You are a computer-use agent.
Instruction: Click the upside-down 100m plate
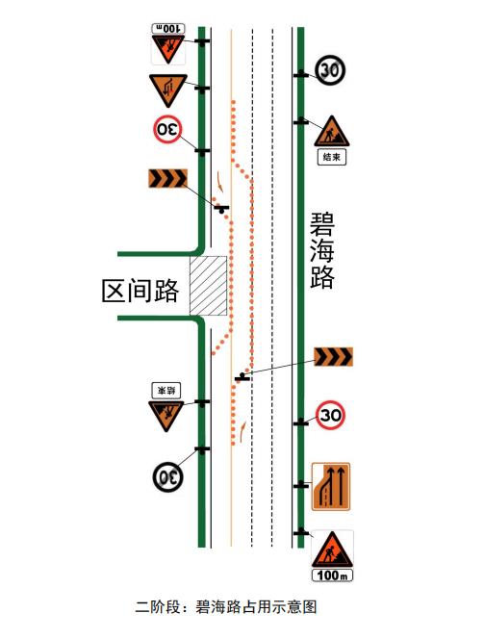click(x=168, y=28)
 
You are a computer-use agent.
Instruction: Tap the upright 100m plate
click(x=332, y=575)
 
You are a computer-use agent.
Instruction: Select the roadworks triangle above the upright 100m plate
click(x=332, y=550)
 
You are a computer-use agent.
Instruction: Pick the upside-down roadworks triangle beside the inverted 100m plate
click(x=168, y=49)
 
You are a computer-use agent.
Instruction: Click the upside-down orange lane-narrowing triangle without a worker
click(x=167, y=90)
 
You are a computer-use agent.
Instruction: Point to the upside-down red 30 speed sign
click(x=167, y=130)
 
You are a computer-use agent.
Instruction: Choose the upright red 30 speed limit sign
click(x=330, y=415)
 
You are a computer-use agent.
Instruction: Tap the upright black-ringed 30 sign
click(x=330, y=70)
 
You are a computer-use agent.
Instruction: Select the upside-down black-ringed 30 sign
click(x=167, y=476)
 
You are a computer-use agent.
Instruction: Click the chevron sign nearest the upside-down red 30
click(x=167, y=178)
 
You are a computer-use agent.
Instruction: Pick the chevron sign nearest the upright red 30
click(x=333, y=357)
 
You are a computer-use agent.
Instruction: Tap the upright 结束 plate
click(x=332, y=157)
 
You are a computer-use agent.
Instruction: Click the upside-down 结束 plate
click(x=166, y=391)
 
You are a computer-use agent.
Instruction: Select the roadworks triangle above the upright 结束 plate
click(x=332, y=132)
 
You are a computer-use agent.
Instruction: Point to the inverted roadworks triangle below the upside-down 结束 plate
click(x=166, y=416)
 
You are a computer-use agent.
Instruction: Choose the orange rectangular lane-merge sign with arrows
click(x=331, y=487)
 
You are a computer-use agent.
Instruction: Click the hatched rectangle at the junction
click(x=208, y=286)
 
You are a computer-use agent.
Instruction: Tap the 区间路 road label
click(x=140, y=291)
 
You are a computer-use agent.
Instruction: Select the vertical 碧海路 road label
click(x=321, y=250)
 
